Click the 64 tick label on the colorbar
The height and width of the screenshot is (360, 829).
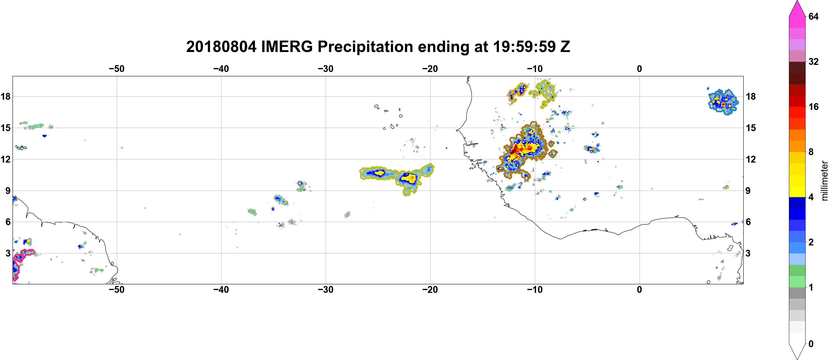[814, 16]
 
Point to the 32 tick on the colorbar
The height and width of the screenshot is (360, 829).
[814, 61]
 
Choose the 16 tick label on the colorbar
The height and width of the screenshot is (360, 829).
[814, 107]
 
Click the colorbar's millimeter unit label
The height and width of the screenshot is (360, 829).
[824, 181]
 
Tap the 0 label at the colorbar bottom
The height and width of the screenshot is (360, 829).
[811, 344]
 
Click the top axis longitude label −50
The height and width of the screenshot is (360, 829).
[116, 69]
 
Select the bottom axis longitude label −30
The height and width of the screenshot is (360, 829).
[326, 290]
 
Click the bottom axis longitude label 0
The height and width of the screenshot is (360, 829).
[639, 290]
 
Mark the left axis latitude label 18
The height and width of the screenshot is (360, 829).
[5, 96]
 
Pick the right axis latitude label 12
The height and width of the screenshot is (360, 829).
[751, 159]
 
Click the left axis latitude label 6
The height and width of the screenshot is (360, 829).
[8, 222]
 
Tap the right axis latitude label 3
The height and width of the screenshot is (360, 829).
[748, 253]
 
